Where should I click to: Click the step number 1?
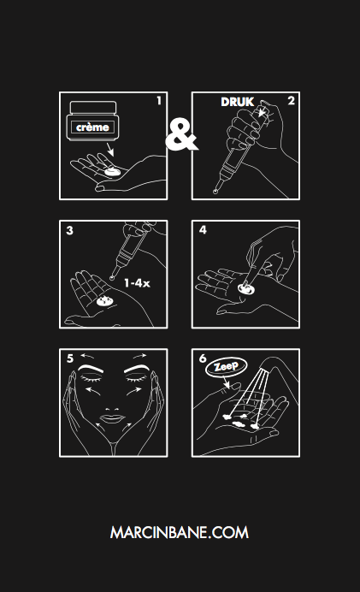click(x=158, y=101)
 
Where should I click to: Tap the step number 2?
click(x=291, y=101)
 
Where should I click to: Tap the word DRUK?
click(x=239, y=102)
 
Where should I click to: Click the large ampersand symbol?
click(x=180, y=135)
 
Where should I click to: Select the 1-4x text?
click(x=135, y=281)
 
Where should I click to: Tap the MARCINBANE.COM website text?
click(x=180, y=532)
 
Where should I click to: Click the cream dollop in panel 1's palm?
click(x=109, y=173)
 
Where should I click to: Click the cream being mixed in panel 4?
click(x=245, y=290)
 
